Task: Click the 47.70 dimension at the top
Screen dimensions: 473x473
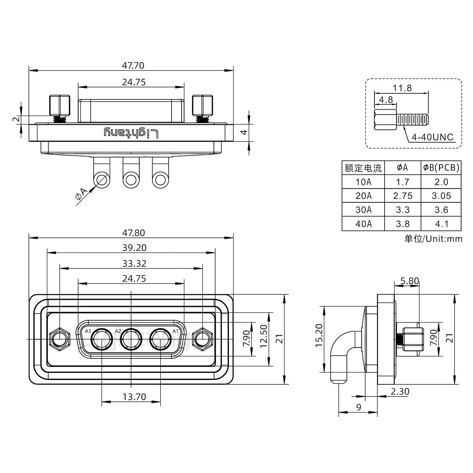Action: (x=133, y=66)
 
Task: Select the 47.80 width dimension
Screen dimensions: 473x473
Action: (x=133, y=233)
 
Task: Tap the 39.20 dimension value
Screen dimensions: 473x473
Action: (x=134, y=248)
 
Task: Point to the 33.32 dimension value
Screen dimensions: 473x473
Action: (x=134, y=263)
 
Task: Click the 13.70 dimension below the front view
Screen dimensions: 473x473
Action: (x=134, y=397)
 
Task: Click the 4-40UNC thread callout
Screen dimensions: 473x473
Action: (x=432, y=137)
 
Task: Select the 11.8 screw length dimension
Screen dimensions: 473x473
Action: (x=402, y=88)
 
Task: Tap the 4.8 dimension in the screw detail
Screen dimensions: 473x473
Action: (x=386, y=100)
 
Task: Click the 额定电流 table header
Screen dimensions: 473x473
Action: (x=363, y=168)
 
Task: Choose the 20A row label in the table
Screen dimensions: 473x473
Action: (x=363, y=196)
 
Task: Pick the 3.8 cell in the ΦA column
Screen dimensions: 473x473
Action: (x=402, y=224)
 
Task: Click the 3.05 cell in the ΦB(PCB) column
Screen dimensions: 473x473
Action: (x=441, y=196)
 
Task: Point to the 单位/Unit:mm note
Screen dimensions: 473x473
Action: (x=433, y=239)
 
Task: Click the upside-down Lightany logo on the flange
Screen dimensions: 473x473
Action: (x=131, y=133)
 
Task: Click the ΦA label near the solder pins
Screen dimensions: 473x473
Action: (x=82, y=194)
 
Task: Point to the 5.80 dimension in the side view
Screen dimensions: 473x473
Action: (x=410, y=281)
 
